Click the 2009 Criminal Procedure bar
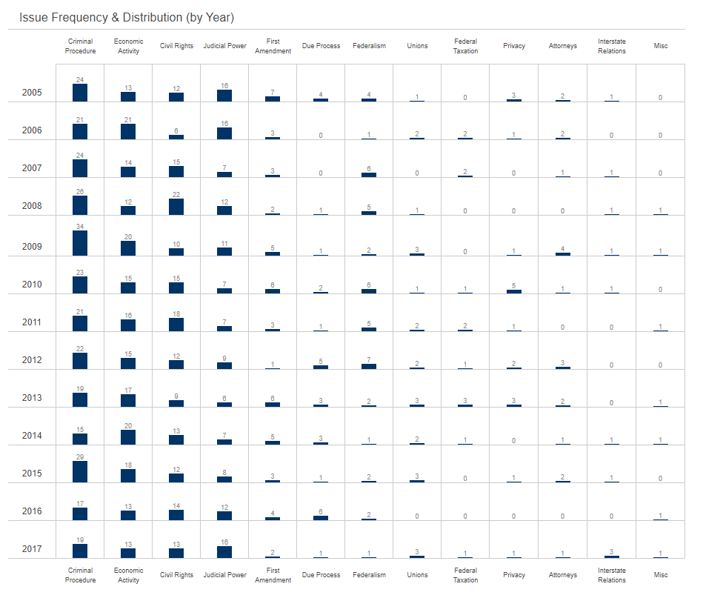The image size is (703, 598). [x=80, y=243]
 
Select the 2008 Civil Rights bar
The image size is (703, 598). [x=176, y=207]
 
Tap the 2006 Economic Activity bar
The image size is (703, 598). [x=128, y=131]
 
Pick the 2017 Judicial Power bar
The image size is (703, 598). [x=224, y=551]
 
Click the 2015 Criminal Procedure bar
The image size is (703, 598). [x=80, y=472]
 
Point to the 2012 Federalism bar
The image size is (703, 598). [x=369, y=366]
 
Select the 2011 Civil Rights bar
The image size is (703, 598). [x=176, y=325]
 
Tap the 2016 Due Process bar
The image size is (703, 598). [x=321, y=518]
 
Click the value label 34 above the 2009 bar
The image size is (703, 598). [x=80, y=226]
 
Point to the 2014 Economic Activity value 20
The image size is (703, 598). [x=128, y=425]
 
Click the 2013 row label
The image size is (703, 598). [x=32, y=398]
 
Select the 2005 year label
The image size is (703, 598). [x=32, y=93]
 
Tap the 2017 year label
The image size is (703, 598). [x=32, y=549]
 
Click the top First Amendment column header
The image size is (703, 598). [x=273, y=46]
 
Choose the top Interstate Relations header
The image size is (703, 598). [x=612, y=46]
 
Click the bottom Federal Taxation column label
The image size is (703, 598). [x=465, y=575]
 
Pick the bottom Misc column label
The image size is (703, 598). [x=661, y=575]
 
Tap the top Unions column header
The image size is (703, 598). [x=417, y=46]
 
